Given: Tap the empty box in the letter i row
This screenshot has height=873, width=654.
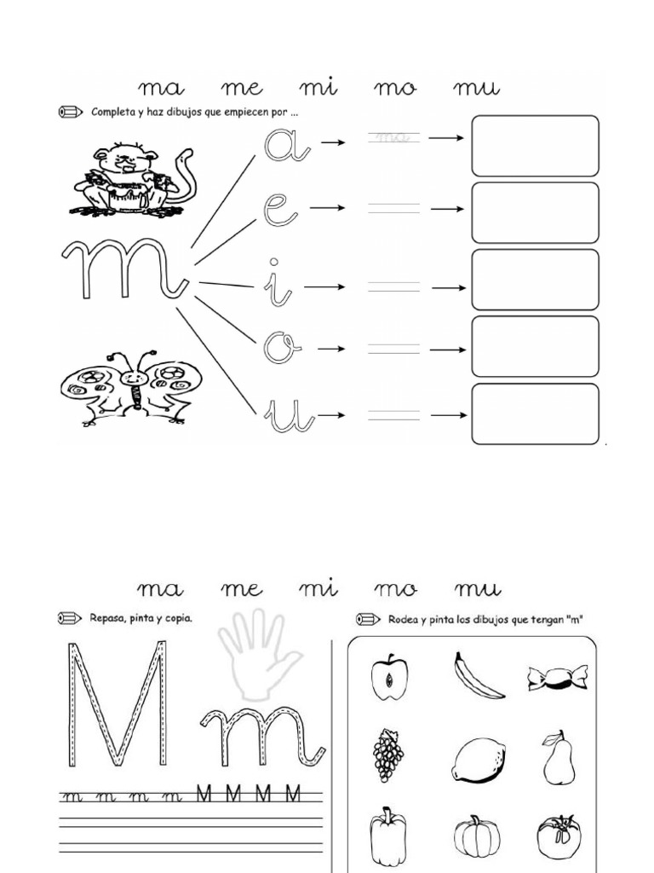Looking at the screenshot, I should [x=535, y=280].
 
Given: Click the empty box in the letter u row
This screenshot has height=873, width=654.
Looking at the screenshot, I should [x=535, y=414].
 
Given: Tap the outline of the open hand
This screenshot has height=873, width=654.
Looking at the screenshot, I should [x=258, y=652].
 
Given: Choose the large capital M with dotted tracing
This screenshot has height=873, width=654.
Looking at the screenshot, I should [x=116, y=704].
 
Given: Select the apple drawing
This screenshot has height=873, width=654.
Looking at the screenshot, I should [x=389, y=676].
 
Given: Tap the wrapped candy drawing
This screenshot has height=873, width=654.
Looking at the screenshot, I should [x=558, y=677].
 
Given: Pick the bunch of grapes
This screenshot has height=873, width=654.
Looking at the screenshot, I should [x=388, y=754].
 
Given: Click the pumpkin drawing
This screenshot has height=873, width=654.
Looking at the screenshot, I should [x=477, y=835].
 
